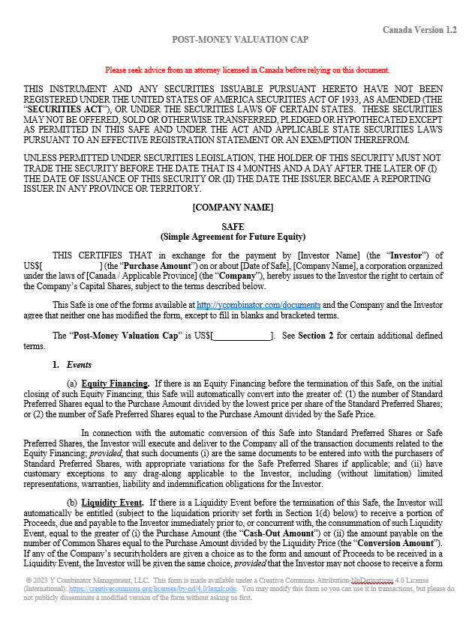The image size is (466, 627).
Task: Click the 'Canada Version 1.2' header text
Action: pos(419,29)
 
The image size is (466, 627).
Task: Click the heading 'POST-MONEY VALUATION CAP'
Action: pos(239,38)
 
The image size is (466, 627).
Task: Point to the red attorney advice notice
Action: pos(247,70)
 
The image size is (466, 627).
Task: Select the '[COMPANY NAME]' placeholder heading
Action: pos(233,207)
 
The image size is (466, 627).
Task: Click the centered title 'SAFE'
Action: pos(233,226)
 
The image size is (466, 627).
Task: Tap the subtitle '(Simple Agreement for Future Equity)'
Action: pos(233,236)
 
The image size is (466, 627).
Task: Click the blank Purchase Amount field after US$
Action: pos(72,266)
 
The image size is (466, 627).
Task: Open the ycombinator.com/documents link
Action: pos(258,305)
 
